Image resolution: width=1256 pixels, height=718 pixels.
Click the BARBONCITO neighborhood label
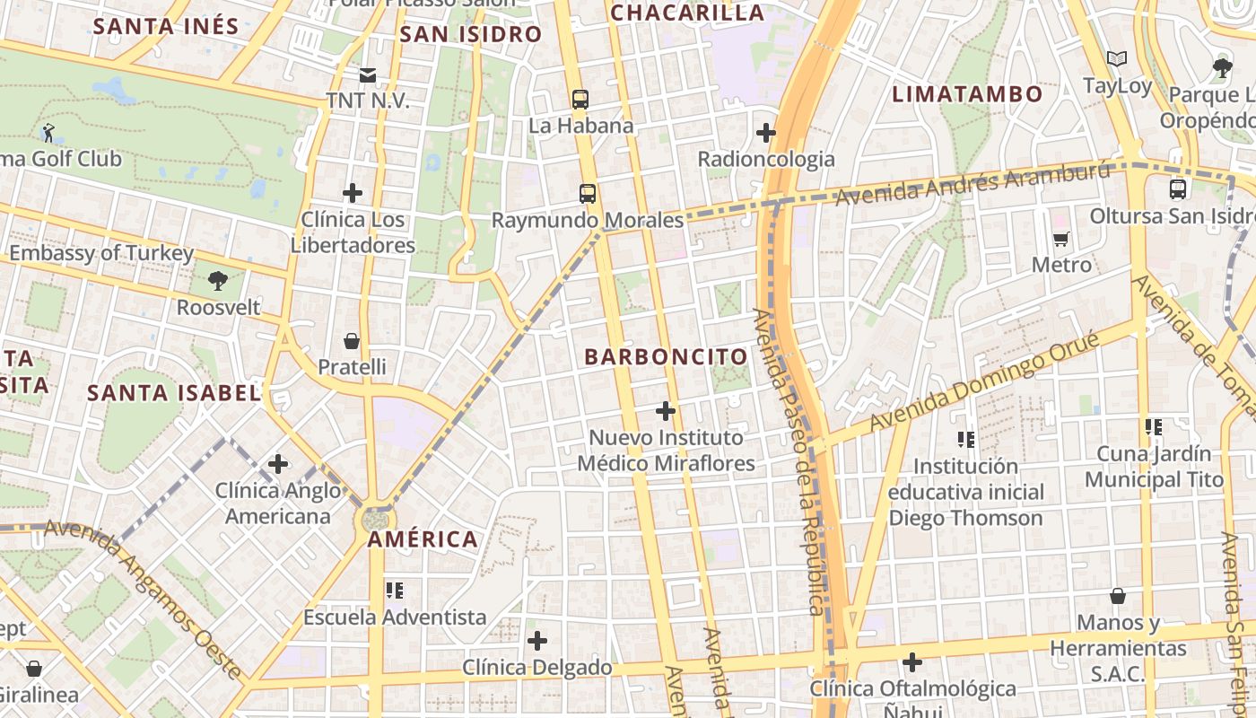(666, 356)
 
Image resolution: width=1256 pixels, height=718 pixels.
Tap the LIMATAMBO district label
(967, 94)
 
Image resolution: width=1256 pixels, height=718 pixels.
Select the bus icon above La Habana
(580, 99)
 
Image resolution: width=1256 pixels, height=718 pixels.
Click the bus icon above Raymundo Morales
(588, 193)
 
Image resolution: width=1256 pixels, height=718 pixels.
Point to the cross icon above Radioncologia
(765, 133)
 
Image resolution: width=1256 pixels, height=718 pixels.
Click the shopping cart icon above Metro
(1061, 239)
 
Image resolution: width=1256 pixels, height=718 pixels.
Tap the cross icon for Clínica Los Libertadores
(353, 192)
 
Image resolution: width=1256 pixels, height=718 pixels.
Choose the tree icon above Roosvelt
(217, 280)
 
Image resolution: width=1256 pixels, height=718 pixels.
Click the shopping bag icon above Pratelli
(352, 341)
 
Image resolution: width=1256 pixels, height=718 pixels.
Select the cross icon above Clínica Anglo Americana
(278, 464)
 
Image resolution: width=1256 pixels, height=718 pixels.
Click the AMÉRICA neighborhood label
(423, 539)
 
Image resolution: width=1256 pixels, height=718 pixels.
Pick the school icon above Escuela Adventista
(395, 591)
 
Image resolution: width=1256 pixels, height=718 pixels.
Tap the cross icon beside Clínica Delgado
(536, 641)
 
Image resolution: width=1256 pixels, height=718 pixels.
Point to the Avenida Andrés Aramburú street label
(973, 183)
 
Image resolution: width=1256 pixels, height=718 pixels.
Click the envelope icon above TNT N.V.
(368, 74)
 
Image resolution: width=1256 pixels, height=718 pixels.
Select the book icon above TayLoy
(1116, 59)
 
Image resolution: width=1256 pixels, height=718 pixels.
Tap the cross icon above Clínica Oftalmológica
(912, 662)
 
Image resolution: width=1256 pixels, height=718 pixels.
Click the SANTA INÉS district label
(166, 26)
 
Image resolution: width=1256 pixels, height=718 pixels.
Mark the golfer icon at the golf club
(48, 133)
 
